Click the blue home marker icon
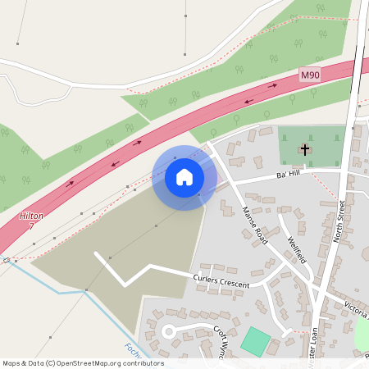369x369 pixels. [x=184, y=177]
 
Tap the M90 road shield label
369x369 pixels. [x=308, y=75]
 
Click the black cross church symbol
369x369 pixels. [x=305, y=149]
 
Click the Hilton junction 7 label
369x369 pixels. [x=27, y=220]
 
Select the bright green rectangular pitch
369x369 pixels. [x=256, y=341]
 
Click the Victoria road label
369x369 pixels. [x=354, y=309]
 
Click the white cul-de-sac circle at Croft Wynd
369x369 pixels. [x=169, y=331]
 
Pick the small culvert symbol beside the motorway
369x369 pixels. [x=7, y=260]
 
